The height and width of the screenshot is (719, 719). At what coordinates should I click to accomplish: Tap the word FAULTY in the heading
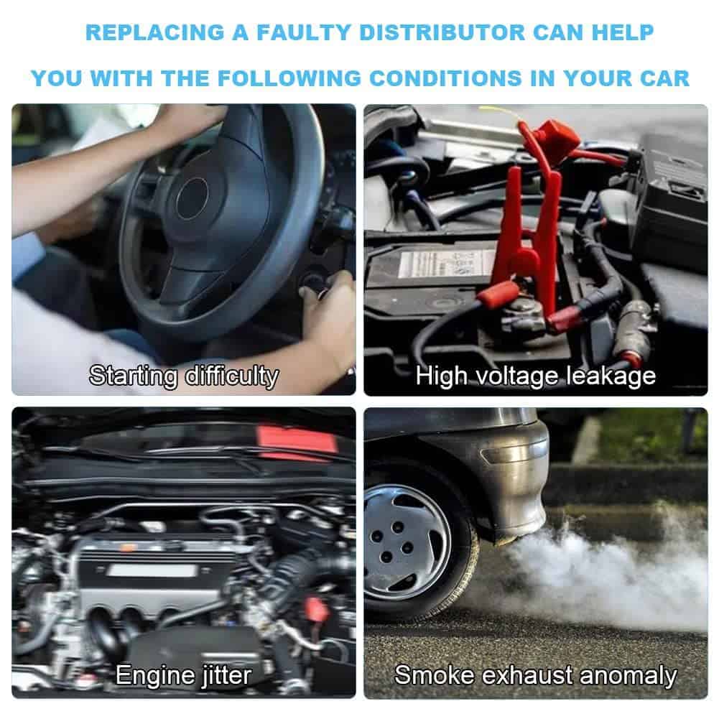click(x=304, y=32)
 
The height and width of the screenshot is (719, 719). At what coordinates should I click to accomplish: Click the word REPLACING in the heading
click(x=155, y=32)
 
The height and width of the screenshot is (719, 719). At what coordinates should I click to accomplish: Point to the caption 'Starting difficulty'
click(x=183, y=376)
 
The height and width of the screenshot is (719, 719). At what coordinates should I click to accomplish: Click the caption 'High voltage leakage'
click(x=536, y=376)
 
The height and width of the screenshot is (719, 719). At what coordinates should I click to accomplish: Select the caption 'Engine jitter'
click(x=183, y=675)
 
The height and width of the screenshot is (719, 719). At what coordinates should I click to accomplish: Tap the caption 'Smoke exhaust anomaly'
click(x=536, y=675)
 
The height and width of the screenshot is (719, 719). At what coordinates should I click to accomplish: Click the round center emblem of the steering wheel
click(x=192, y=198)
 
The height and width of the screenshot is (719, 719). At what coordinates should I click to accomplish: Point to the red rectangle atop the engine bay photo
click(x=298, y=441)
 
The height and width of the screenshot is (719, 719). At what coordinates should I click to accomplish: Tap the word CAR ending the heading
click(x=665, y=78)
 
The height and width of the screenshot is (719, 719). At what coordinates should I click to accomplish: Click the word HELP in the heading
click(x=622, y=32)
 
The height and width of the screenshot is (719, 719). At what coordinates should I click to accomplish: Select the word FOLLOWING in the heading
click(x=289, y=78)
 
